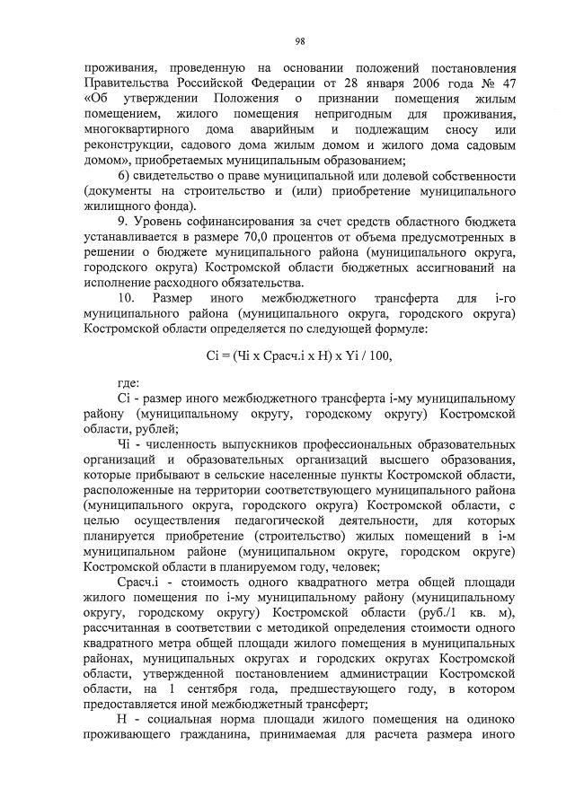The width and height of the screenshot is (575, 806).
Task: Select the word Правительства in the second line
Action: (x=123, y=83)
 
